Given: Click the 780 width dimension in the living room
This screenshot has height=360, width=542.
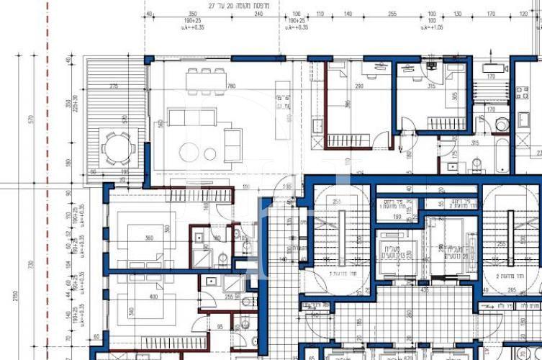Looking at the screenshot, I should click(x=231, y=87).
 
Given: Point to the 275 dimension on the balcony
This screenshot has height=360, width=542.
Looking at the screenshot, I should click(x=113, y=86).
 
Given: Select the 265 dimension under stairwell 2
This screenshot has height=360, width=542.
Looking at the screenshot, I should click(x=511, y=290).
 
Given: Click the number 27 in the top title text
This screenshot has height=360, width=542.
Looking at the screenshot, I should click(x=212, y=5).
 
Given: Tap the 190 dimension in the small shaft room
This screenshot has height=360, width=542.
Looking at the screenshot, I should click(x=396, y=215).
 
